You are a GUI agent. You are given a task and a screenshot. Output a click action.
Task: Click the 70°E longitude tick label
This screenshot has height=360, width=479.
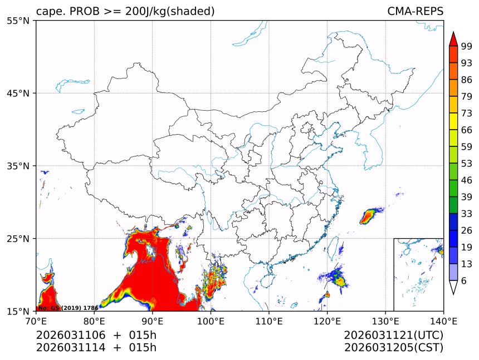tap(36, 320)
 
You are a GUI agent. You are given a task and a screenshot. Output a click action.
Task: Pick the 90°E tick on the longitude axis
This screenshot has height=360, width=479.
tap(153, 320)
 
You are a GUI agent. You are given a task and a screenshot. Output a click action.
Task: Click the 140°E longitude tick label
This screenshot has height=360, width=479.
tap(443, 320)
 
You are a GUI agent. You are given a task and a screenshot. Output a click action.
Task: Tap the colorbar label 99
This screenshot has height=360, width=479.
tap(467, 46)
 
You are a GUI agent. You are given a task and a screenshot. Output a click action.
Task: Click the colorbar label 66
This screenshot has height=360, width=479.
tap(467, 130)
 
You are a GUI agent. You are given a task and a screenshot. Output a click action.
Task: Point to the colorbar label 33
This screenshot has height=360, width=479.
tap(467, 214)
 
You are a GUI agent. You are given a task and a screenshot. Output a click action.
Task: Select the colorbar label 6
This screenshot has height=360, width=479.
tap(464, 281)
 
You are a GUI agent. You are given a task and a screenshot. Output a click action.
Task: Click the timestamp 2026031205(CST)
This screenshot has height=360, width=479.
tap(393, 348)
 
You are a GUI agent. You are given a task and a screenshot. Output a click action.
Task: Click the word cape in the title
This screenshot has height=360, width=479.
tap(48, 12)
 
